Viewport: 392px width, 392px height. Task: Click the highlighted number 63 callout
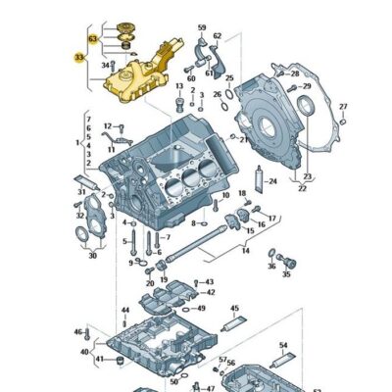pos(92,38)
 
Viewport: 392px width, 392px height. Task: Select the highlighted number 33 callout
pos(78,58)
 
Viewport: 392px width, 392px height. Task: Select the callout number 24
pos(272,181)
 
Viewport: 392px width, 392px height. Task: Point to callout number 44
pos(124,311)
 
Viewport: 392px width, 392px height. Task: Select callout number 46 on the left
pos(77,333)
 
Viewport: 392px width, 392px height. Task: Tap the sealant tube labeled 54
pos(285,358)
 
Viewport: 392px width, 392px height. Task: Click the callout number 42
pos(211,292)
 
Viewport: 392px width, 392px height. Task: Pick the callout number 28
pos(295,73)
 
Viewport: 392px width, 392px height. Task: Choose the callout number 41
pos(99,360)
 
